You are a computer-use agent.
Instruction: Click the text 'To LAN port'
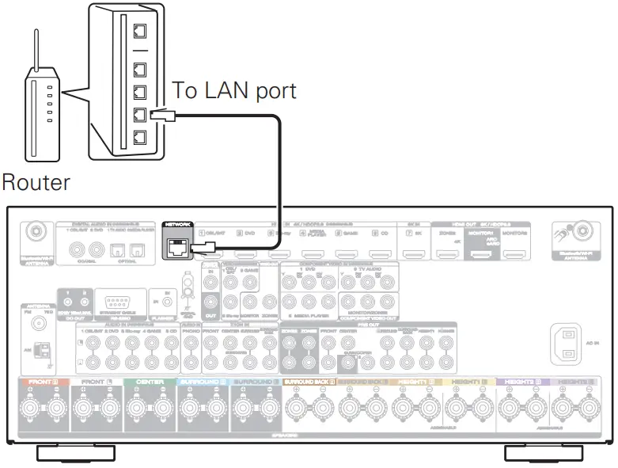[235, 90]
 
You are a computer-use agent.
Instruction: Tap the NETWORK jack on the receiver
[178, 248]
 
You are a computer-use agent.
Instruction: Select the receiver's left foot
[76, 453]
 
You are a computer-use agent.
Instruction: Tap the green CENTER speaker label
[149, 382]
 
